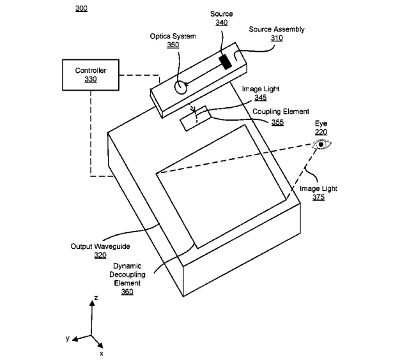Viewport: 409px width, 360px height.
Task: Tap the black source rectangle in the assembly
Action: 225,62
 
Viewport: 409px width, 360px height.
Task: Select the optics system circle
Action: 180,87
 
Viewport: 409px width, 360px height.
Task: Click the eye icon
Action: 322,144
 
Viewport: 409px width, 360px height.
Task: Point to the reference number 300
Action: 81,8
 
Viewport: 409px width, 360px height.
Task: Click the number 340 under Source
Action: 222,22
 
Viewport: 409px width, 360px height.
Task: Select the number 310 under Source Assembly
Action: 277,38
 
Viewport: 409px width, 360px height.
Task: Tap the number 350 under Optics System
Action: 173,45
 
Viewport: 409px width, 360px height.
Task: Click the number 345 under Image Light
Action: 261,98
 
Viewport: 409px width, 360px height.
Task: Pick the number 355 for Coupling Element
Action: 277,122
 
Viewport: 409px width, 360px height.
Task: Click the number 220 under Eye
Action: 321,132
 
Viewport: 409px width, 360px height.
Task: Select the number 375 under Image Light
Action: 318,197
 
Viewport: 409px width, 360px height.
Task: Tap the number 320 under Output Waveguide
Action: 100,255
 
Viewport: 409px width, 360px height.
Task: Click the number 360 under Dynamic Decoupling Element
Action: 127,292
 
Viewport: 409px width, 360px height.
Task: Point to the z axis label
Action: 96,297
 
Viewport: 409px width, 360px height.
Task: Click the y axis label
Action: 68,338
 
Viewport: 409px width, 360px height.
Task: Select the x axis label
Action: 101,354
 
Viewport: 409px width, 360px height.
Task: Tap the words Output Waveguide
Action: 100,246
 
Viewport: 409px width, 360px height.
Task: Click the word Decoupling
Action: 127,274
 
